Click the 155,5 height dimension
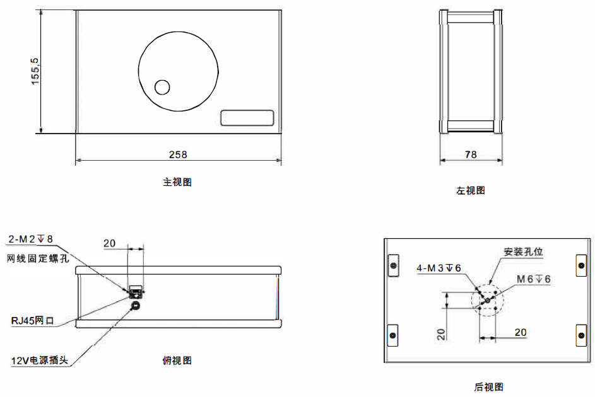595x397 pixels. pos(35,71)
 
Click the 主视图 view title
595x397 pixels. pos(177,182)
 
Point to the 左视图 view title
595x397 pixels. pos(471,190)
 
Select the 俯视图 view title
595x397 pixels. pos(177,360)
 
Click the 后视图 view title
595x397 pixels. pos(488,387)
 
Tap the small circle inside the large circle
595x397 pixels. pos(163,87)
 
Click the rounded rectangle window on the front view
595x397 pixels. pos(247,118)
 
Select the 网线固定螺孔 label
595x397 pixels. pos(37,258)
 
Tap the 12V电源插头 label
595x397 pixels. pos(39,361)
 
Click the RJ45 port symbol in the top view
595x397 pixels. pos(135,291)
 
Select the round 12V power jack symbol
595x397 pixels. pos(135,306)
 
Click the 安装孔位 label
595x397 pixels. pos(523,251)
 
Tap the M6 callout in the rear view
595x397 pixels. pos(534,279)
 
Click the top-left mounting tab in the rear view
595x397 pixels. pos(393,265)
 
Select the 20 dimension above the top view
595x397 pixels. pos(109,243)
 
